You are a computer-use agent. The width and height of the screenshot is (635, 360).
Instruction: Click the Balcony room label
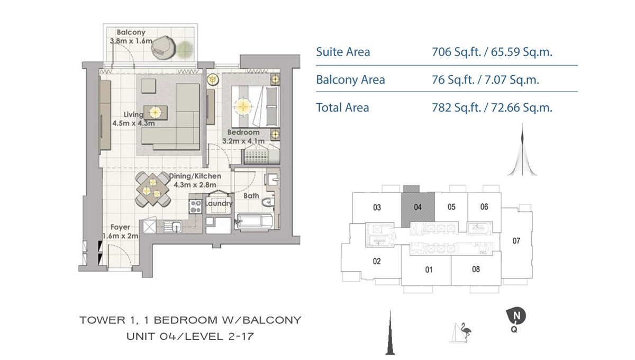[x=131, y=32]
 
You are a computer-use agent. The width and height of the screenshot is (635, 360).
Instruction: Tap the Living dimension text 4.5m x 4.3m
[x=133, y=123]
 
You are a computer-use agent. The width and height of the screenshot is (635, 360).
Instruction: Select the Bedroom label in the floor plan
[x=243, y=132]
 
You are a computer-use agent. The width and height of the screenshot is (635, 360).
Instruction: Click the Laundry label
[x=219, y=203]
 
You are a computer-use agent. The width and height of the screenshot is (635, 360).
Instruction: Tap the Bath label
[x=251, y=195]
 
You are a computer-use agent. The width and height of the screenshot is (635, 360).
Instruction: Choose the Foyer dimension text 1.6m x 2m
[x=120, y=236]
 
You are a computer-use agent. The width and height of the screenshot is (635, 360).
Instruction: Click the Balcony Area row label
[x=350, y=80]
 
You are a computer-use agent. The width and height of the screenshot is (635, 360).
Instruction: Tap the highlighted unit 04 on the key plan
[x=418, y=207]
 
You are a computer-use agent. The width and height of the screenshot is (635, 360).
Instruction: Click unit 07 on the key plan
[x=516, y=241]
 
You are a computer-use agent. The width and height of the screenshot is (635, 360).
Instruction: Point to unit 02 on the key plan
[x=377, y=261]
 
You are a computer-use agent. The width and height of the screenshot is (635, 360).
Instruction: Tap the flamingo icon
[x=465, y=332]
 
